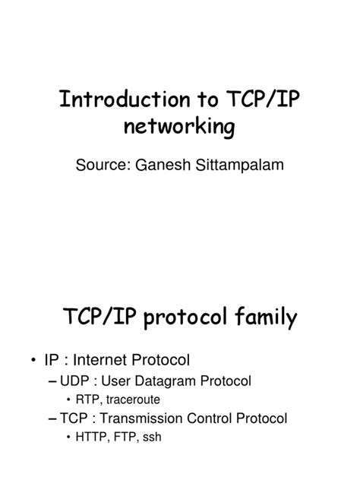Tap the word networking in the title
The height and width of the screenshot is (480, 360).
(x=181, y=126)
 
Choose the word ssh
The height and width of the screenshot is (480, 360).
(x=151, y=437)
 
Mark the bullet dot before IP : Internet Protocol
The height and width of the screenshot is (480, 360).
(x=34, y=358)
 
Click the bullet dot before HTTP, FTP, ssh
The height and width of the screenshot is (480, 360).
(x=69, y=437)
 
